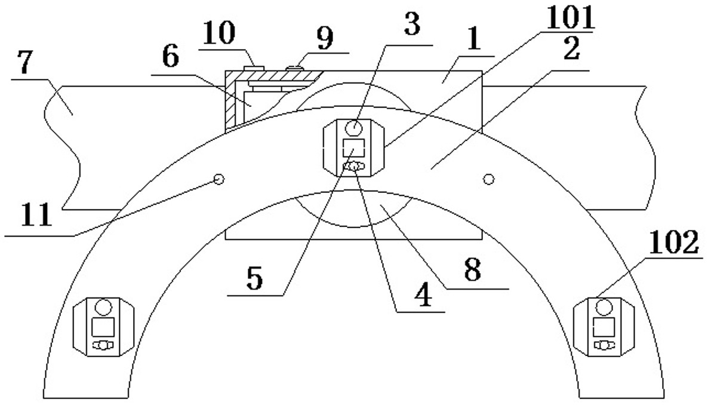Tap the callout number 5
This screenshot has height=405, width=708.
pos(255,279)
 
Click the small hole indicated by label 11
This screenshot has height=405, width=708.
pos(219,178)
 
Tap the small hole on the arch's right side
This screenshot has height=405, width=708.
pos(489,179)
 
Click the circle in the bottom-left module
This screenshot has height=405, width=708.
pos(103,307)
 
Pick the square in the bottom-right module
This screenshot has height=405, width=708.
pos(604,327)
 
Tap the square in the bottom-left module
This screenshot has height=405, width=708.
pos(102,327)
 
